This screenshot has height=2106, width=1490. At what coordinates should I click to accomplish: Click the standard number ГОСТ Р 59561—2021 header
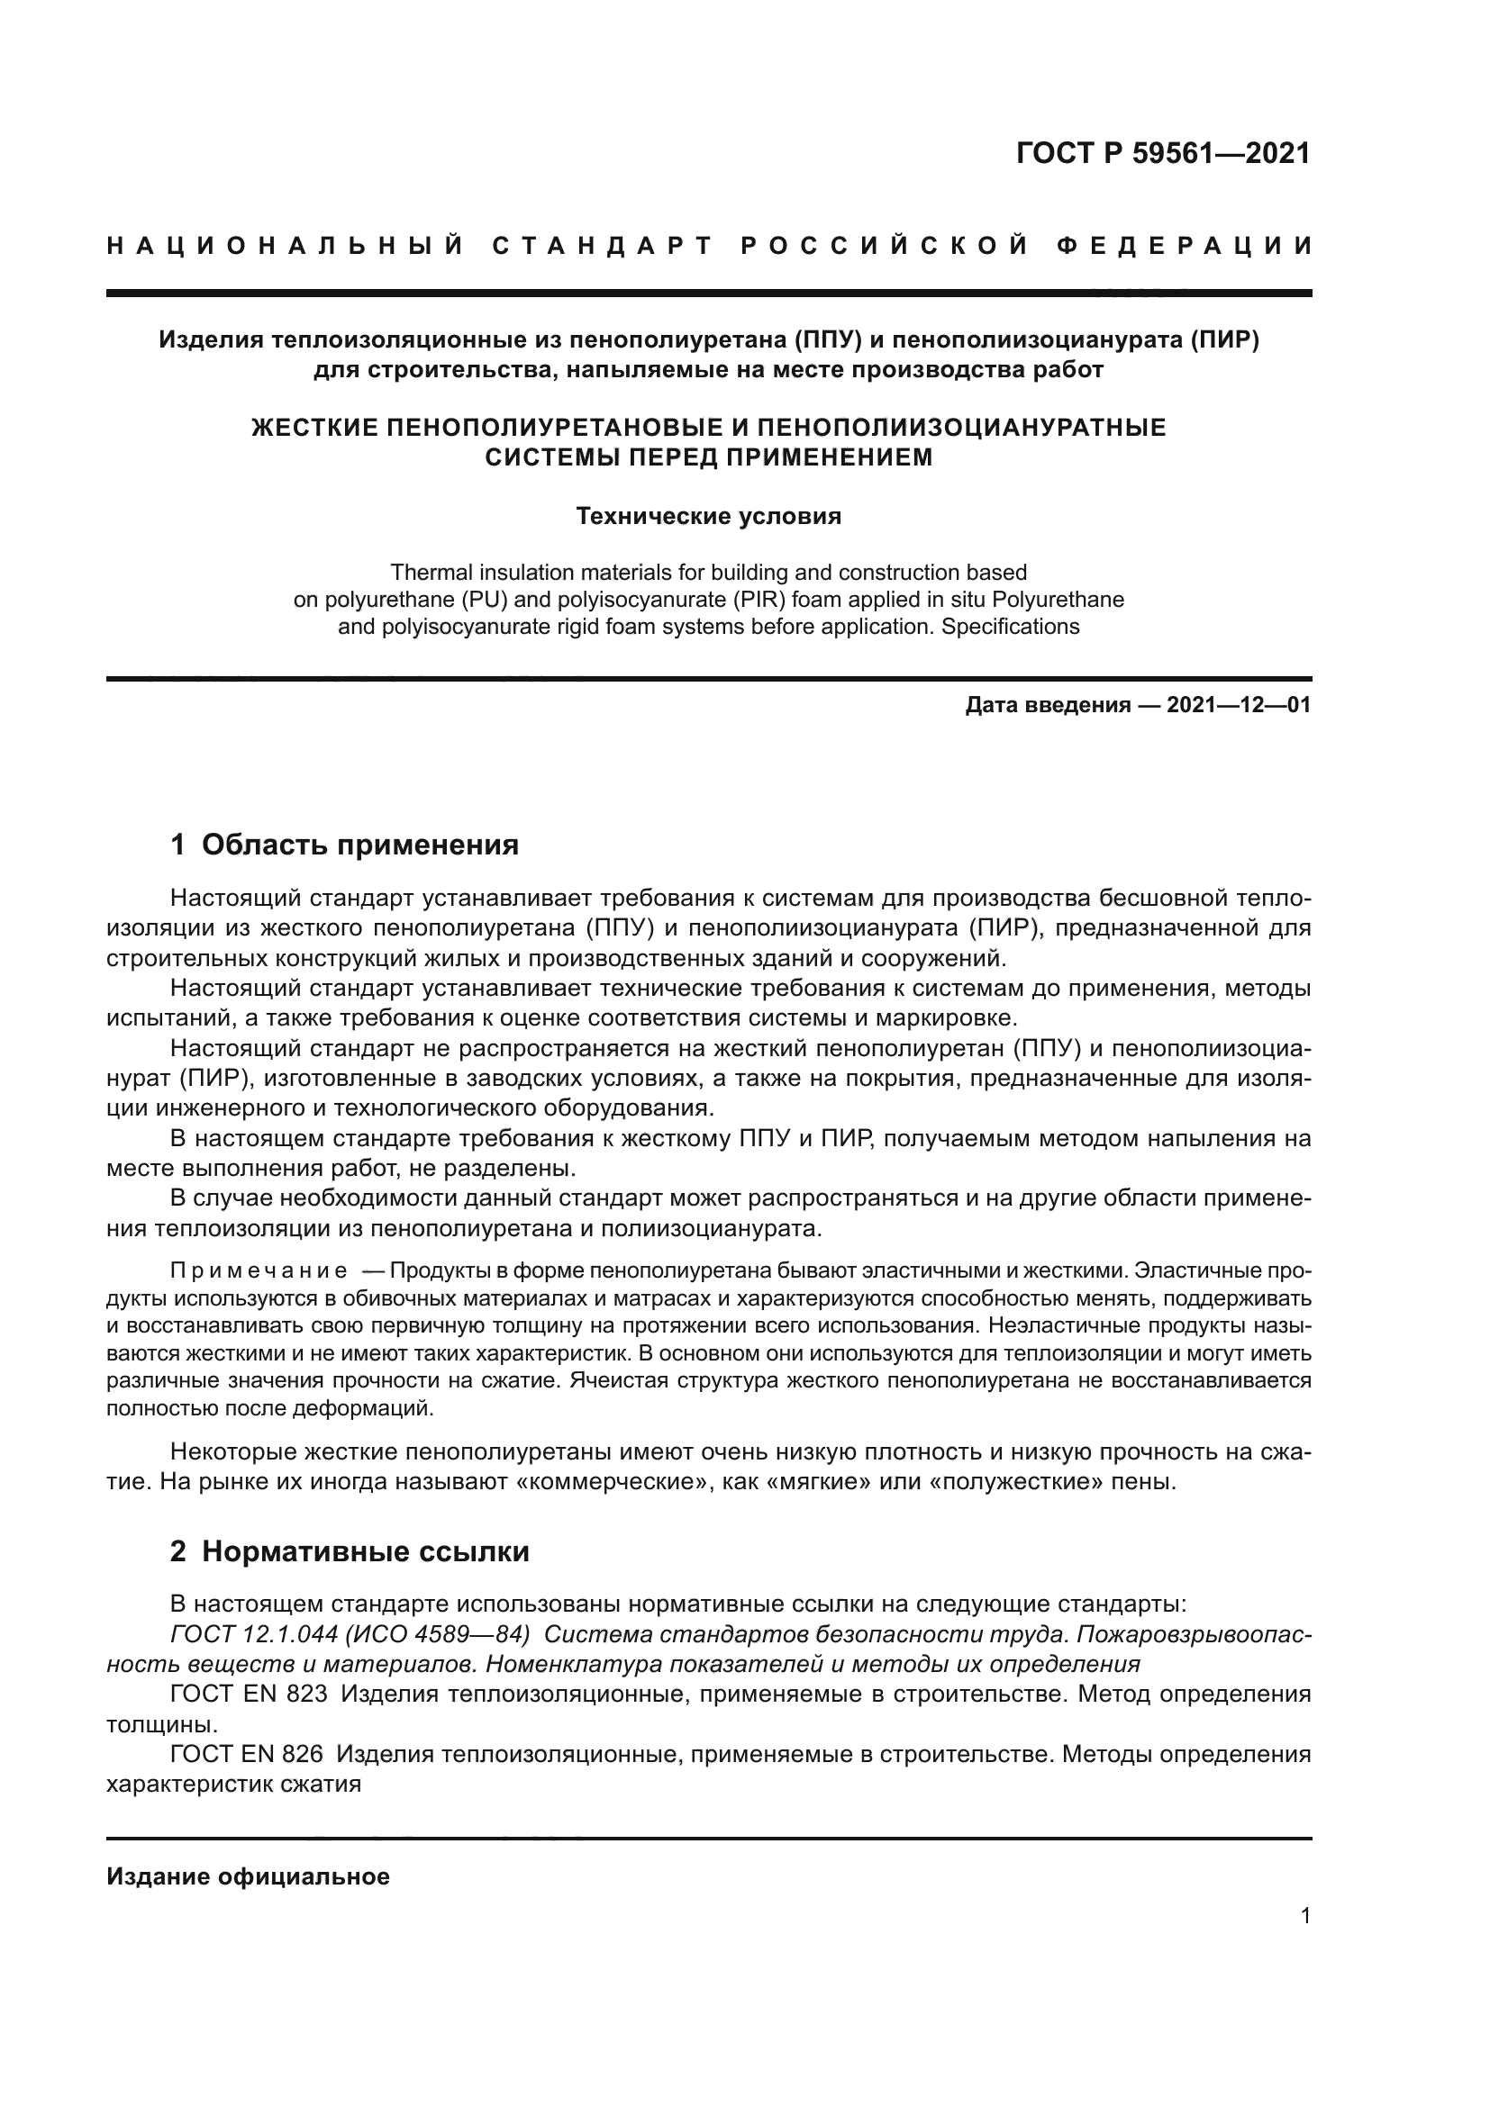pos(1162,153)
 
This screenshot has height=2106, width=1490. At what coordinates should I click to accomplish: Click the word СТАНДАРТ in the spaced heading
pos(602,246)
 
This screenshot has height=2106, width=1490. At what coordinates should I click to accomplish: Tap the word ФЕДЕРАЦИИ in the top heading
pos(1185,246)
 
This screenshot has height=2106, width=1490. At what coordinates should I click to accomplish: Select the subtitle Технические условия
pos(708,517)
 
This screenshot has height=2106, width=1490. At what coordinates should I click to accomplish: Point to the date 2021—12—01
pos(1239,705)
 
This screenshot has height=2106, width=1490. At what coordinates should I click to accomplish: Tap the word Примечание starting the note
pos(259,1271)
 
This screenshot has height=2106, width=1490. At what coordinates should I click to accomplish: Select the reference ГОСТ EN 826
pos(247,1754)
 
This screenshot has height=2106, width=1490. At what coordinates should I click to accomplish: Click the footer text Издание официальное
pos(248,1876)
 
